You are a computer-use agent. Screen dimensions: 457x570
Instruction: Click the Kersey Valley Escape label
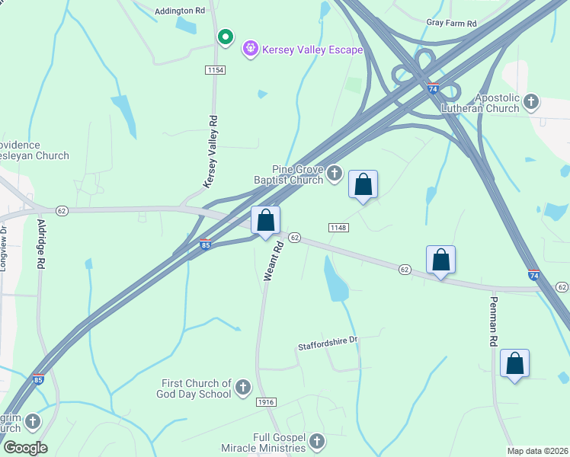pos(313,50)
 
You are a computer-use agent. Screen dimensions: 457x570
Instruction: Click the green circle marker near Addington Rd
pos(225,37)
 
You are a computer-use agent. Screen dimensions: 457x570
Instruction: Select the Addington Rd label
pos(181,11)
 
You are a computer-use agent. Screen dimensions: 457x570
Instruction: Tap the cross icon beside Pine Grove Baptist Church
pos(334,174)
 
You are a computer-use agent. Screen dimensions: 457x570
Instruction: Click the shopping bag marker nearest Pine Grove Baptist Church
pos(363,184)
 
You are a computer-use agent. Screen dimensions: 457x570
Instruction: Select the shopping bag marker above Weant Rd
pos(265,221)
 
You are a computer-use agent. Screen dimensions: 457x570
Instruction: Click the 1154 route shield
pos(216,70)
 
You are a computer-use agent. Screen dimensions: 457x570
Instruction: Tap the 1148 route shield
pos(339,228)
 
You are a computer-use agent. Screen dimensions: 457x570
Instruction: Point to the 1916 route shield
pos(266,402)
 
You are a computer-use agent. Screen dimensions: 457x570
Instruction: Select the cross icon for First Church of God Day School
pos(242,388)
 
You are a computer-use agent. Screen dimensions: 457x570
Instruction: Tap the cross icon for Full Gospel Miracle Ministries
pos(316,441)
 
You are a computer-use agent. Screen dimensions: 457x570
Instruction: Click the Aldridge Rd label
pos(40,244)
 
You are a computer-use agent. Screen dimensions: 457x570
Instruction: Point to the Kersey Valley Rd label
pos(211,152)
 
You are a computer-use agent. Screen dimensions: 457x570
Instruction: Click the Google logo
pos(24,448)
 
